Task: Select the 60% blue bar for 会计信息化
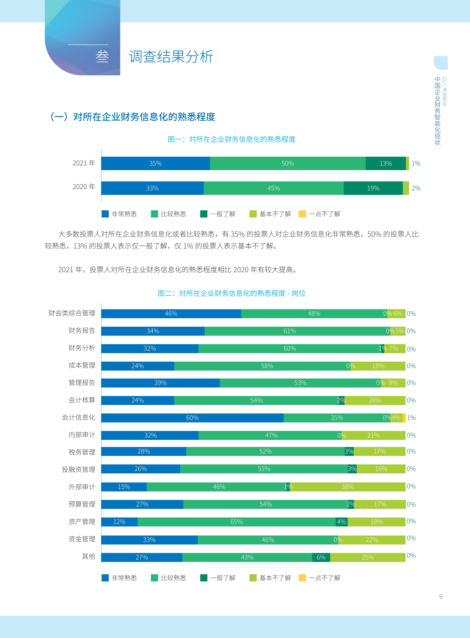coord(192,418)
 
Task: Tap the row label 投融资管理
coord(79,469)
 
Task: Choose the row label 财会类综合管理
coord(72,313)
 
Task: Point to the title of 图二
coord(232,293)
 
